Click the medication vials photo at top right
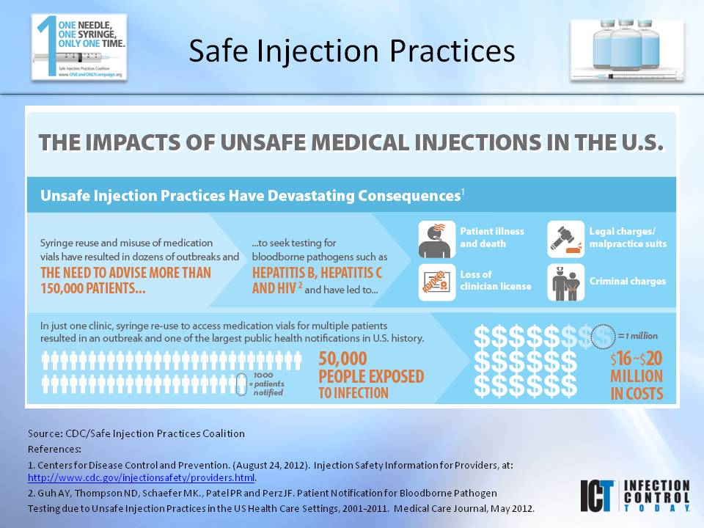coord(627,49)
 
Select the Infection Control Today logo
coord(635,496)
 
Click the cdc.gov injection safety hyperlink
coord(142,478)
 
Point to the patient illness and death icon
coord(436,239)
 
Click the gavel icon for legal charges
coord(566,239)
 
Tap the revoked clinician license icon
coord(436,282)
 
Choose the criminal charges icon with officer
coord(566,282)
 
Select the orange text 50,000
coord(343,359)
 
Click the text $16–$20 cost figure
coord(636,359)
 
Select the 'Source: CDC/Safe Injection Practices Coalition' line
coord(136,433)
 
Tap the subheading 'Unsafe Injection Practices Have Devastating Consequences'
coord(250,197)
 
